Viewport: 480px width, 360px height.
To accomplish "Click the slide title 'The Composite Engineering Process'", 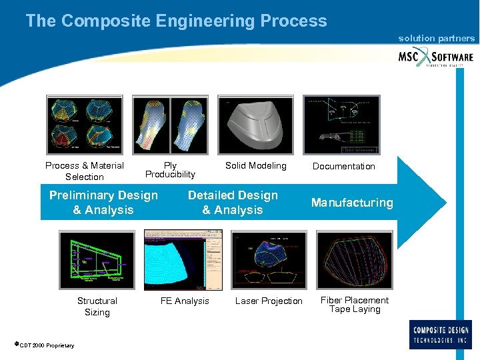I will point(176,21).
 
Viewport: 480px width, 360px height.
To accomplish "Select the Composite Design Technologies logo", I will point(441,334).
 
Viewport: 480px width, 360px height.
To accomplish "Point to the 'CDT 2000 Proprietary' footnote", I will point(45,345).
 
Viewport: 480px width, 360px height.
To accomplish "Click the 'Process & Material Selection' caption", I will point(85,171).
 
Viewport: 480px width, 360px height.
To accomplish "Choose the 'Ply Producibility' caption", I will point(170,170).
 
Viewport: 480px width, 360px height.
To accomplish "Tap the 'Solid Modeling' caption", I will point(255,165).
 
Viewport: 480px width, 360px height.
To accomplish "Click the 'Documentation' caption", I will point(344,166).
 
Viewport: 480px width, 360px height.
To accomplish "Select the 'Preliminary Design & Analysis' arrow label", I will point(103,203).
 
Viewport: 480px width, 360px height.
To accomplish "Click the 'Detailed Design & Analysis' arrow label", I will point(233,203).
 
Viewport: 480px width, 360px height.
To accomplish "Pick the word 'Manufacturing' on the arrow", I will point(352,203).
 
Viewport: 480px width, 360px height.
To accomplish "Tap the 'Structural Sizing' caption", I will point(97,307).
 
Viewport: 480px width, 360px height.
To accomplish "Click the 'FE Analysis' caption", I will point(185,301).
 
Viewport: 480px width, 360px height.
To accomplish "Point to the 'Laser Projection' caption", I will point(269,301).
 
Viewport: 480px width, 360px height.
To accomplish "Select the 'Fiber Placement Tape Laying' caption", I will point(355,305).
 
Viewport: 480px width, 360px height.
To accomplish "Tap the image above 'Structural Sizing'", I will point(97,260).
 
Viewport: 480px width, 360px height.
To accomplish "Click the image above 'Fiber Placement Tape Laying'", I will point(353,260).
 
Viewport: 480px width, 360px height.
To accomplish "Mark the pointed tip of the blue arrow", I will point(445,201).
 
